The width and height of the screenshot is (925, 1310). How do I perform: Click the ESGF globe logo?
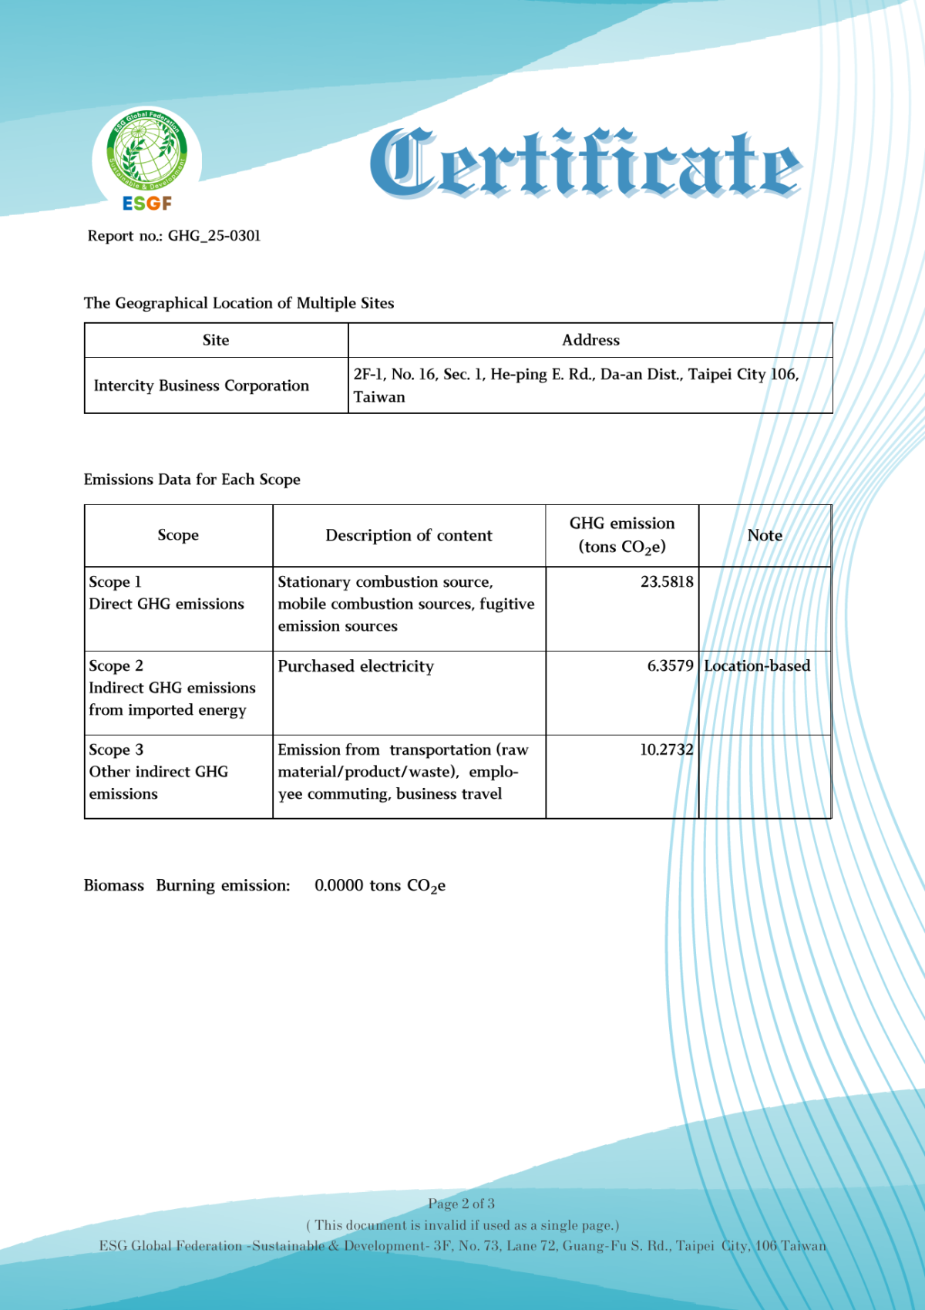pyautogui.click(x=146, y=158)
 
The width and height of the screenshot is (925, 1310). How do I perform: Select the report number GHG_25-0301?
pyautogui.click(x=214, y=236)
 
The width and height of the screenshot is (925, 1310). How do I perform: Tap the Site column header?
pyautogui.click(x=216, y=340)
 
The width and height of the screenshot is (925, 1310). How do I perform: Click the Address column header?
pyautogui.click(x=590, y=340)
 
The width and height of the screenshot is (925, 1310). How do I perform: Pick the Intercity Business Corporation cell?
pyautogui.click(x=201, y=386)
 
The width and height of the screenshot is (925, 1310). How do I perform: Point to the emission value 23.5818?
pyautogui.click(x=667, y=581)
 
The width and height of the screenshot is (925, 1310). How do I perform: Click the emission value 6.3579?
pyautogui.click(x=670, y=665)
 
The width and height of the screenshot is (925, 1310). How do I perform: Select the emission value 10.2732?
pyautogui.click(x=666, y=749)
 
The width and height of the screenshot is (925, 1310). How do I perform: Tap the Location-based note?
pyautogui.click(x=757, y=665)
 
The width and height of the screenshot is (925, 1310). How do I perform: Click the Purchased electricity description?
pyautogui.click(x=355, y=666)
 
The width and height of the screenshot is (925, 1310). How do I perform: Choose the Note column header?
pyautogui.click(x=765, y=535)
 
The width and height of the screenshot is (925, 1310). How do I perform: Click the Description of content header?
pyautogui.click(x=409, y=535)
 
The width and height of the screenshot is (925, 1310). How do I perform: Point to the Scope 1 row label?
pyautogui.click(x=115, y=582)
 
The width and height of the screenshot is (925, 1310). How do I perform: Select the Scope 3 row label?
pyautogui.click(x=116, y=749)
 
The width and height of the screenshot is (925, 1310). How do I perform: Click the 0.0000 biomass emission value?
pyautogui.click(x=338, y=885)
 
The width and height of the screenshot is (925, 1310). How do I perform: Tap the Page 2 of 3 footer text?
pyautogui.click(x=461, y=1204)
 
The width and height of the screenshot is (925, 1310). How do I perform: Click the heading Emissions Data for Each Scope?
pyautogui.click(x=192, y=480)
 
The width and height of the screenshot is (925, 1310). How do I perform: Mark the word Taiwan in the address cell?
pyautogui.click(x=379, y=397)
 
